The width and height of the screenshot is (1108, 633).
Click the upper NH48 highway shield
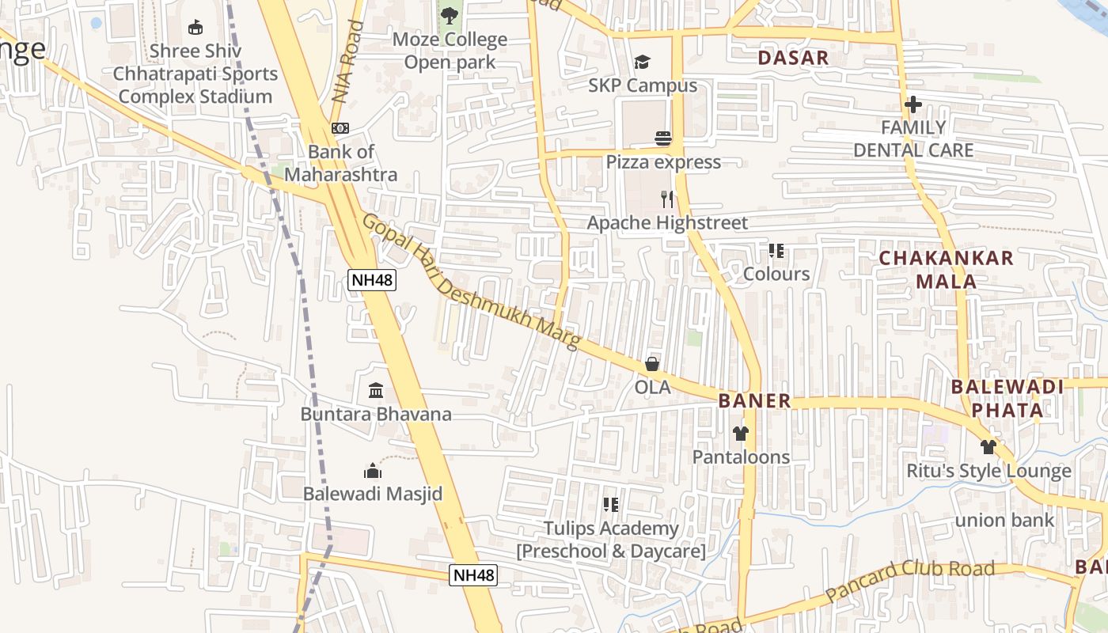371,279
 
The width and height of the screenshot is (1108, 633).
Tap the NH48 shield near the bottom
473,575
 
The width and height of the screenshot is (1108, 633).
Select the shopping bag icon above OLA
652,364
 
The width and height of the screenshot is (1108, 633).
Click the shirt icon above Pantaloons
741,434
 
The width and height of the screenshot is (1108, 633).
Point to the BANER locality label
754,401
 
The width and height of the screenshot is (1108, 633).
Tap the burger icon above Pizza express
663,139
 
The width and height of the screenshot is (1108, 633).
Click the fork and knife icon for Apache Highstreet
667,199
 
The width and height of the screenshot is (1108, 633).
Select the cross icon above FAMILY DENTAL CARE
913,104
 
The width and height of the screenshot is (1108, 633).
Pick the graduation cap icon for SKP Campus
642,63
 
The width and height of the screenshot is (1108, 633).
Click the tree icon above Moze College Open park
449,15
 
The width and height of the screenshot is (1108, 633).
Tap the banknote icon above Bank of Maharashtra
340,128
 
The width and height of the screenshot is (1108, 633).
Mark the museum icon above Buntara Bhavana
376,391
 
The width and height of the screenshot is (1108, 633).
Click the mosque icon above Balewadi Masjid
373,471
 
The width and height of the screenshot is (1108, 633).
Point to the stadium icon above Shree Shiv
195,28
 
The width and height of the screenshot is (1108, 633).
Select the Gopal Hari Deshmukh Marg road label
471,282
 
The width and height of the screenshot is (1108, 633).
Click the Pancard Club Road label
909,581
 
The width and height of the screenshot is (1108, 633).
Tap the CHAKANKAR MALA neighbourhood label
946,269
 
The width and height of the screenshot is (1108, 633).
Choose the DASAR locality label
793,58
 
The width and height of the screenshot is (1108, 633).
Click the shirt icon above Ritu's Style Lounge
988,447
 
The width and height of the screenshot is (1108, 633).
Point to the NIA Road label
348,62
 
